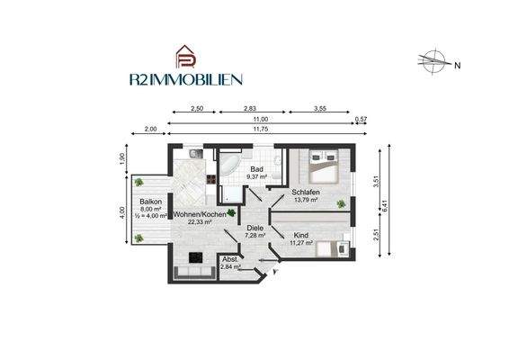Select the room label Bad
(x=255, y=168)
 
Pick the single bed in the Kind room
(x=330, y=249)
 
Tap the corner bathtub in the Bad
(x=230, y=166)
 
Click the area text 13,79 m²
(x=306, y=201)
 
